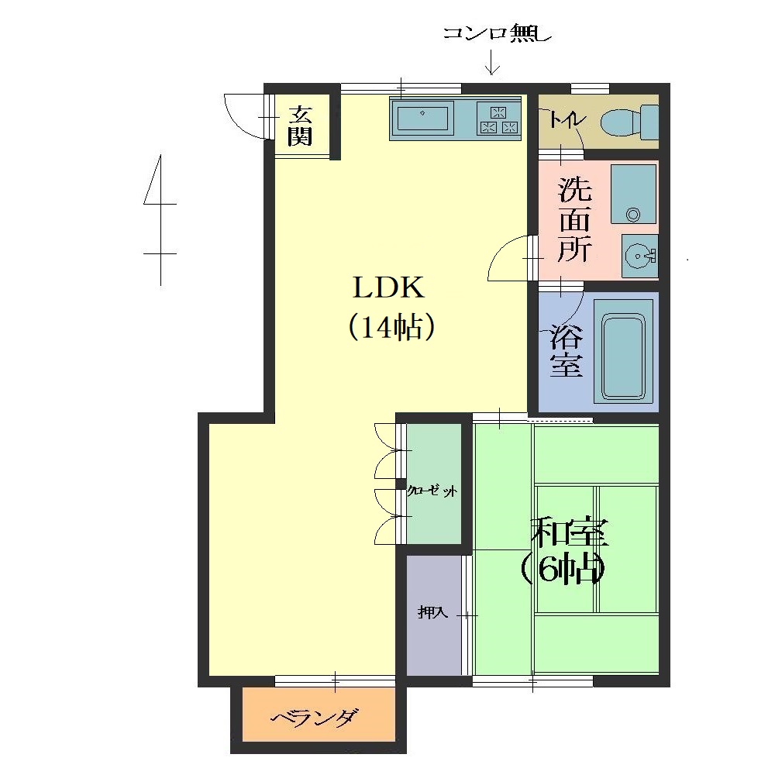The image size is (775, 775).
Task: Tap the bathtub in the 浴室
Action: point(623,350)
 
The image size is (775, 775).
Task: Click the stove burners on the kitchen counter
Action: point(498,119)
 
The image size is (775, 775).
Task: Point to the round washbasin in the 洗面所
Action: point(640,256)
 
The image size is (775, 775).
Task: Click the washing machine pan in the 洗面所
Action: point(633,195)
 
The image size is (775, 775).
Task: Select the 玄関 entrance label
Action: point(300,126)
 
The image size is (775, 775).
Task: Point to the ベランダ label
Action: point(315,717)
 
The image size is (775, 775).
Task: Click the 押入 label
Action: point(433,612)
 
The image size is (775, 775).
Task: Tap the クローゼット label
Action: point(432,491)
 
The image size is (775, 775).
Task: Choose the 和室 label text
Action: point(570,532)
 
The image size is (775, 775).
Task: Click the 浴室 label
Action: point(567,350)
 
